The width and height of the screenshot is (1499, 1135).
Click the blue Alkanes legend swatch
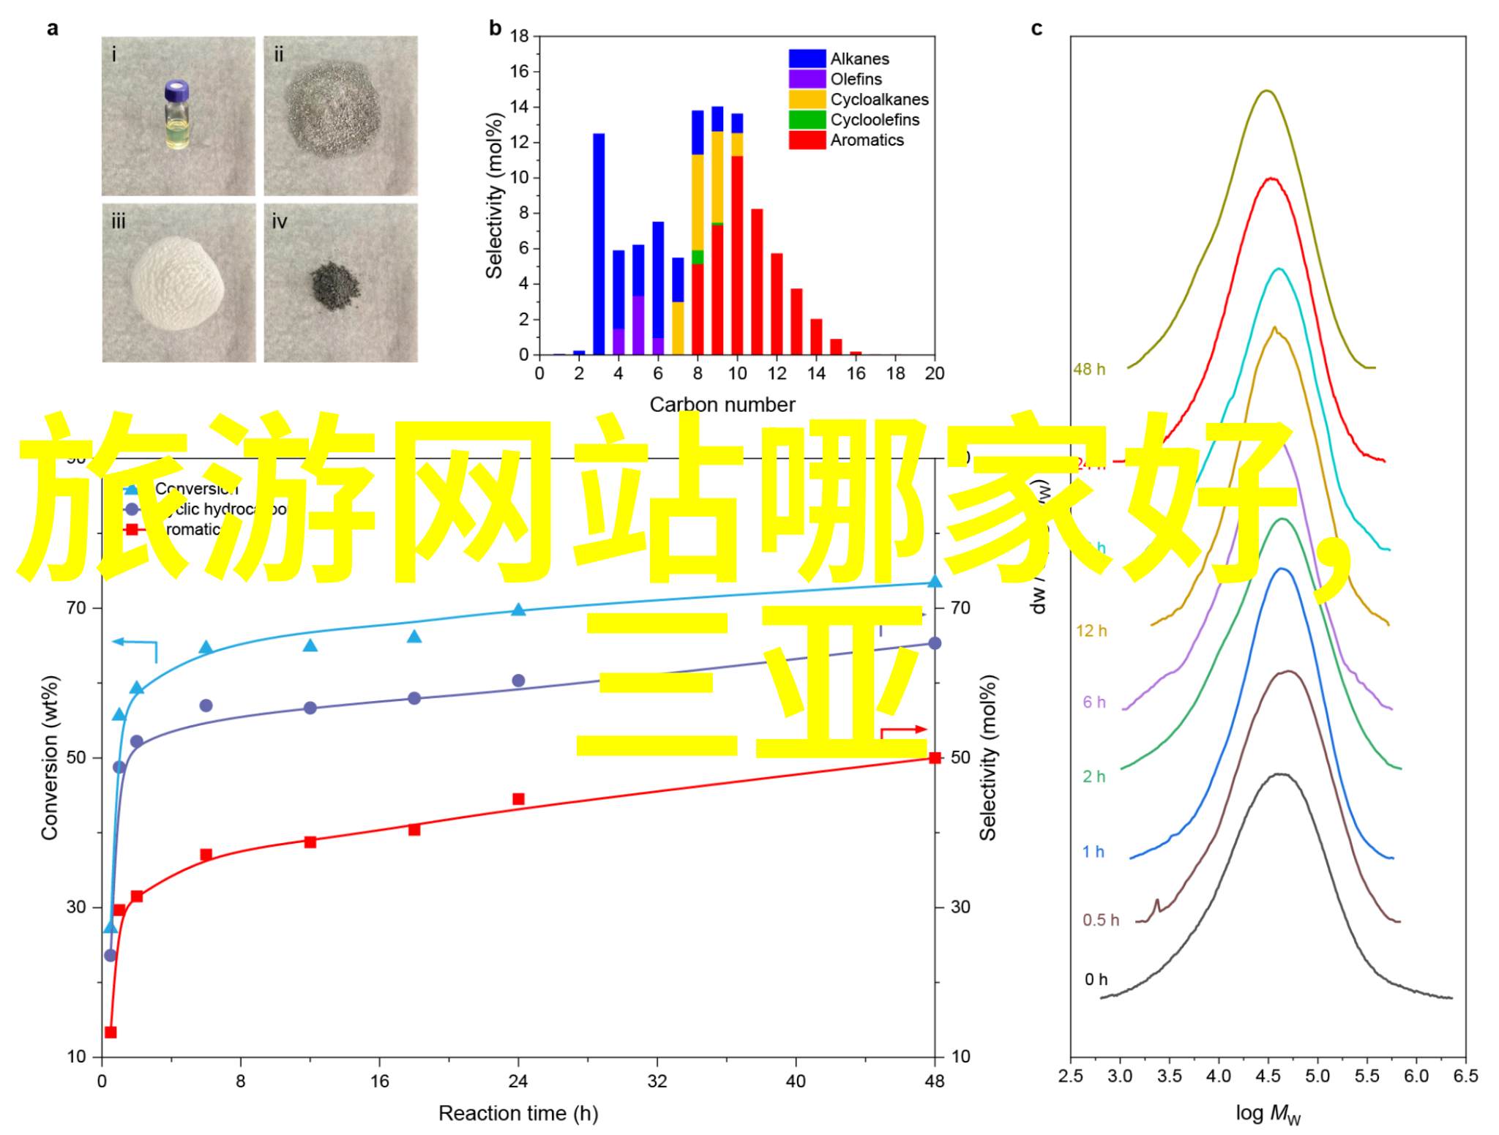[807, 59]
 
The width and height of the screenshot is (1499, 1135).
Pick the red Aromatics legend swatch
[807, 140]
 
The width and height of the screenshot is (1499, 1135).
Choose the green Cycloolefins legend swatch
[807, 119]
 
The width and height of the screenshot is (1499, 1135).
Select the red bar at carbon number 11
[757, 282]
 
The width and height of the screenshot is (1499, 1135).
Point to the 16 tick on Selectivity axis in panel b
[520, 72]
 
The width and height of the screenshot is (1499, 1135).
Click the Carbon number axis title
[722, 405]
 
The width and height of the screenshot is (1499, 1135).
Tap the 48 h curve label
[1089, 370]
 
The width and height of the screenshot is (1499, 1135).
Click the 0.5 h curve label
[1100, 920]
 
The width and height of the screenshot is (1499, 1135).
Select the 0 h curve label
[1096, 979]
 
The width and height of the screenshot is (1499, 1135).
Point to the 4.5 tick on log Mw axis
[1268, 1076]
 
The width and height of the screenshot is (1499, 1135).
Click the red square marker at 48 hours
[935, 757]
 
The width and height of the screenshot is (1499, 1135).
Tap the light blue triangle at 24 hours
[518, 610]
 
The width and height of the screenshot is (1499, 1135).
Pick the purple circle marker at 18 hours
[414, 698]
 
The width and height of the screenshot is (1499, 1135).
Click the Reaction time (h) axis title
[518, 1113]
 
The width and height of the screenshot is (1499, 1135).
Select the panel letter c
[1036, 29]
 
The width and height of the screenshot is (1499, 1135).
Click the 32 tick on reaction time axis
[657, 1081]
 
